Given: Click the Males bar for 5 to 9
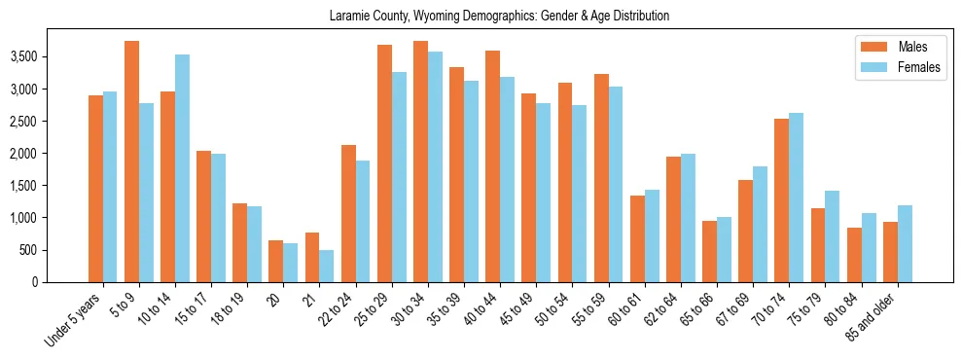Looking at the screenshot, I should pyautogui.click(x=131, y=162).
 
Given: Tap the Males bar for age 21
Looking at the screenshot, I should pyautogui.click(x=312, y=257).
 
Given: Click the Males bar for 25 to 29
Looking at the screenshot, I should pyautogui.click(x=384, y=163).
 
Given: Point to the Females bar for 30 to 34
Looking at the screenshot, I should pyautogui.click(x=435, y=166).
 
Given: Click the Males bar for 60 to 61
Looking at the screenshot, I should pyautogui.click(x=637, y=238).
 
